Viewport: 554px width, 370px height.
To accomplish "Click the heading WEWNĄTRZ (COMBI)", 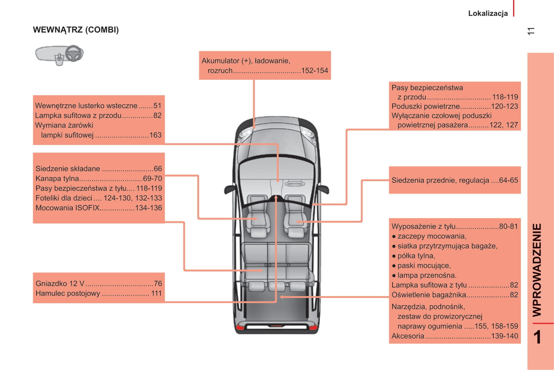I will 76,30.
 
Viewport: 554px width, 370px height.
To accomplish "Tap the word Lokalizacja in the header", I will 488,13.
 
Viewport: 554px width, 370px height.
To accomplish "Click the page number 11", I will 531,31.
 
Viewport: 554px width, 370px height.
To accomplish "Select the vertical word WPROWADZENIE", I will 537,270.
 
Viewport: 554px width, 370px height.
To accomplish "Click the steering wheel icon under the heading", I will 74,53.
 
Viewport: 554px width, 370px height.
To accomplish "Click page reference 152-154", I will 314,71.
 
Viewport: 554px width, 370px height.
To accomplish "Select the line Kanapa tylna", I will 58,178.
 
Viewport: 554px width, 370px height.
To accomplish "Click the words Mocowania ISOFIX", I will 67,208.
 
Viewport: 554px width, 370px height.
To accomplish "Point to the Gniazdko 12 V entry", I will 60,284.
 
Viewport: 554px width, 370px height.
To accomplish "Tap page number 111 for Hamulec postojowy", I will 156,293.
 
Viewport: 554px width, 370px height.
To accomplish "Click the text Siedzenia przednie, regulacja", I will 440,180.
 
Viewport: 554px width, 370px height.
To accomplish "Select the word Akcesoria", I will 408,336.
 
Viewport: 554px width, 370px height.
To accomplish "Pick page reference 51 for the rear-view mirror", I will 157,106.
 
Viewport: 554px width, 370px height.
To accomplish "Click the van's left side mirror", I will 230,189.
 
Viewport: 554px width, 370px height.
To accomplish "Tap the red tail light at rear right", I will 313,327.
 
